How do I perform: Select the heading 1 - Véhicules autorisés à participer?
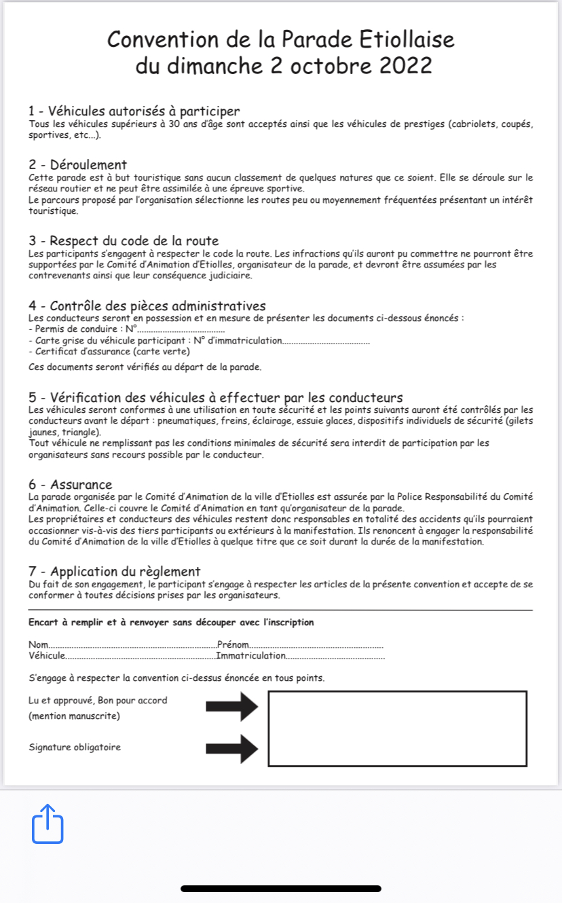click(x=134, y=111)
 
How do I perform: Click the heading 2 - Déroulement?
click(x=77, y=165)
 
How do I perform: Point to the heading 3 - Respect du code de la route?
click(x=124, y=240)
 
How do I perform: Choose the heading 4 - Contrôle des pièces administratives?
click(x=147, y=306)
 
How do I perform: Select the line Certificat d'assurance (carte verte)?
click(x=109, y=351)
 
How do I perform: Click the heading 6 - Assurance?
click(x=70, y=485)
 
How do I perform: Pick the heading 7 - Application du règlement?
click(x=114, y=572)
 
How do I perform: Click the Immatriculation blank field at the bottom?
click(x=336, y=657)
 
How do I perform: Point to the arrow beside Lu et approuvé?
click(x=232, y=707)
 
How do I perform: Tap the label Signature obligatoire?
click(x=75, y=748)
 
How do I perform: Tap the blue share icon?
click(x=48, y=824)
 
